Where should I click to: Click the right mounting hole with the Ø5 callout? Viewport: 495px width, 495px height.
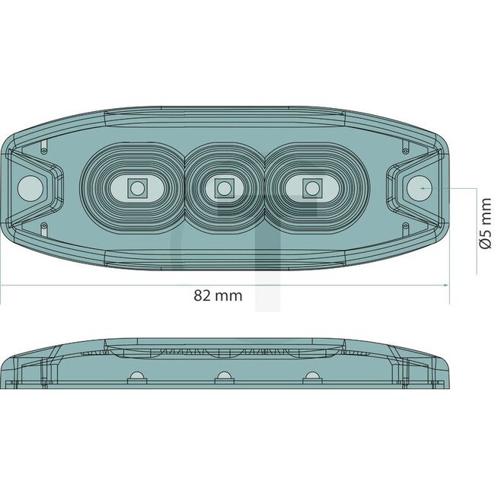pyautogui.click(x=418, y=187)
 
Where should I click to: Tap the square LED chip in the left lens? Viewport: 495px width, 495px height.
pyautogui.click(x=137, y=187)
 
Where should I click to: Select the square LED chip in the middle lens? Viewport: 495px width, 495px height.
pyautogui.click(x=223, y=187)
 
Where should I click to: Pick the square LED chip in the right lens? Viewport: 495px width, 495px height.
pyautogui.click(x=310, y=187)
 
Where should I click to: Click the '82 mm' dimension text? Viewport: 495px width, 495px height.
pyautogui.click(x=218, y=295)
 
